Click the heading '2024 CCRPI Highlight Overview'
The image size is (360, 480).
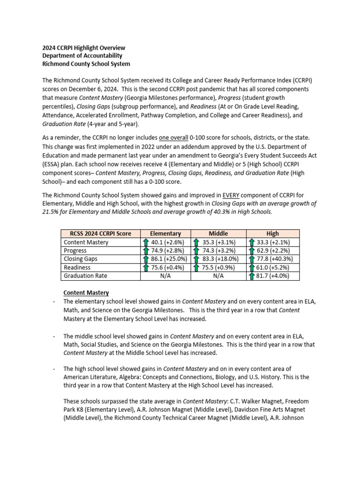click(x=84, y=48)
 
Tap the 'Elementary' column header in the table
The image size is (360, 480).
click(x=165, y=233)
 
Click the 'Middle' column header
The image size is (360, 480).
click(x=218, y=233)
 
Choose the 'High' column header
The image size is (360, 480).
click(x=272, y=233)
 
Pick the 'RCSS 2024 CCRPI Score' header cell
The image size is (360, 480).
click(x=101, y=233)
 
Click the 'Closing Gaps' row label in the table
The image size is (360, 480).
click(x=81, y=259)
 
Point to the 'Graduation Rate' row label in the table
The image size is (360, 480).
click(x=85, y=276)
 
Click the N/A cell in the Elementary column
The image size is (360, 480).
click(x=165, y=276)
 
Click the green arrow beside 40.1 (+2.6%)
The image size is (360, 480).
click(x=146, y=242)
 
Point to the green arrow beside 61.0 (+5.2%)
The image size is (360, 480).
click(x=252, y=267)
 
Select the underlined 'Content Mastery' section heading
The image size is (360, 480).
click(x=86, y=292)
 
